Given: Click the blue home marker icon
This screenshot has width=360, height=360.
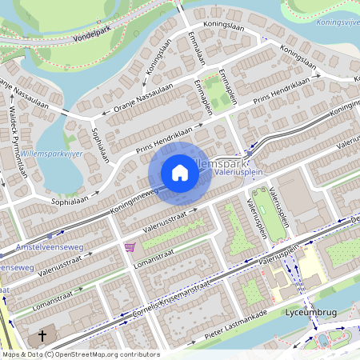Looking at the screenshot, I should point(180,172).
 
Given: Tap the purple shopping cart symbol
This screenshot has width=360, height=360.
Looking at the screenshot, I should point(130,247).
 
